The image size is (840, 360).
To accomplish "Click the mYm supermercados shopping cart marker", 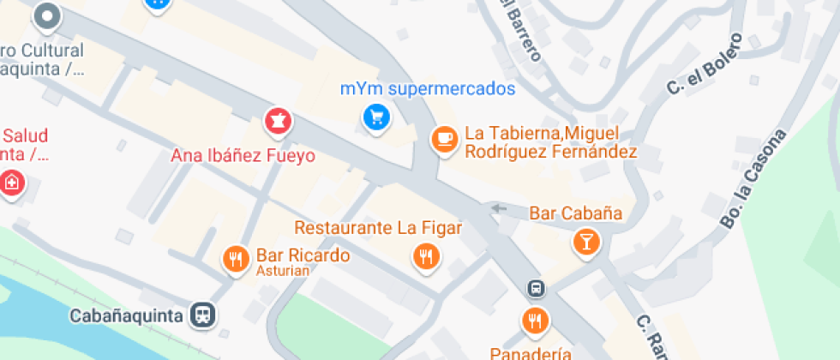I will [375, 118].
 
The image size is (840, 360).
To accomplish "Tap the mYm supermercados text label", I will [428, 89].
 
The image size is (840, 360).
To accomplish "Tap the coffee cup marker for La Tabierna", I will [443, 139].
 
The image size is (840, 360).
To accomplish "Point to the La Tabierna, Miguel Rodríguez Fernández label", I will [551, 144].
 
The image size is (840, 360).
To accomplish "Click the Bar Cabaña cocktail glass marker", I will [586, 242].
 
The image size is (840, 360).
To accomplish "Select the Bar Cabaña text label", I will [576, 213].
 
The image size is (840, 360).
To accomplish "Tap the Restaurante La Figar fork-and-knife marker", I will [426, 255].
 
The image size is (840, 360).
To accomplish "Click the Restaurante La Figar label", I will [379, 228].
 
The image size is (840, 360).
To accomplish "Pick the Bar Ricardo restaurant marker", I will [236, 259].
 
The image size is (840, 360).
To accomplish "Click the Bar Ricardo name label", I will [291, 255].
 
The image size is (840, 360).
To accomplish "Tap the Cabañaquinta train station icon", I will [204, 315].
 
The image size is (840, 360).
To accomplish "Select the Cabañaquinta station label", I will [126, 315].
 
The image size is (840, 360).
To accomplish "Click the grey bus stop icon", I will [536, 289].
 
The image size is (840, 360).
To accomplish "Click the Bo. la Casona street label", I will [753, 180].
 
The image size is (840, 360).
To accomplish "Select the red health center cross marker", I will [11, 183].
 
